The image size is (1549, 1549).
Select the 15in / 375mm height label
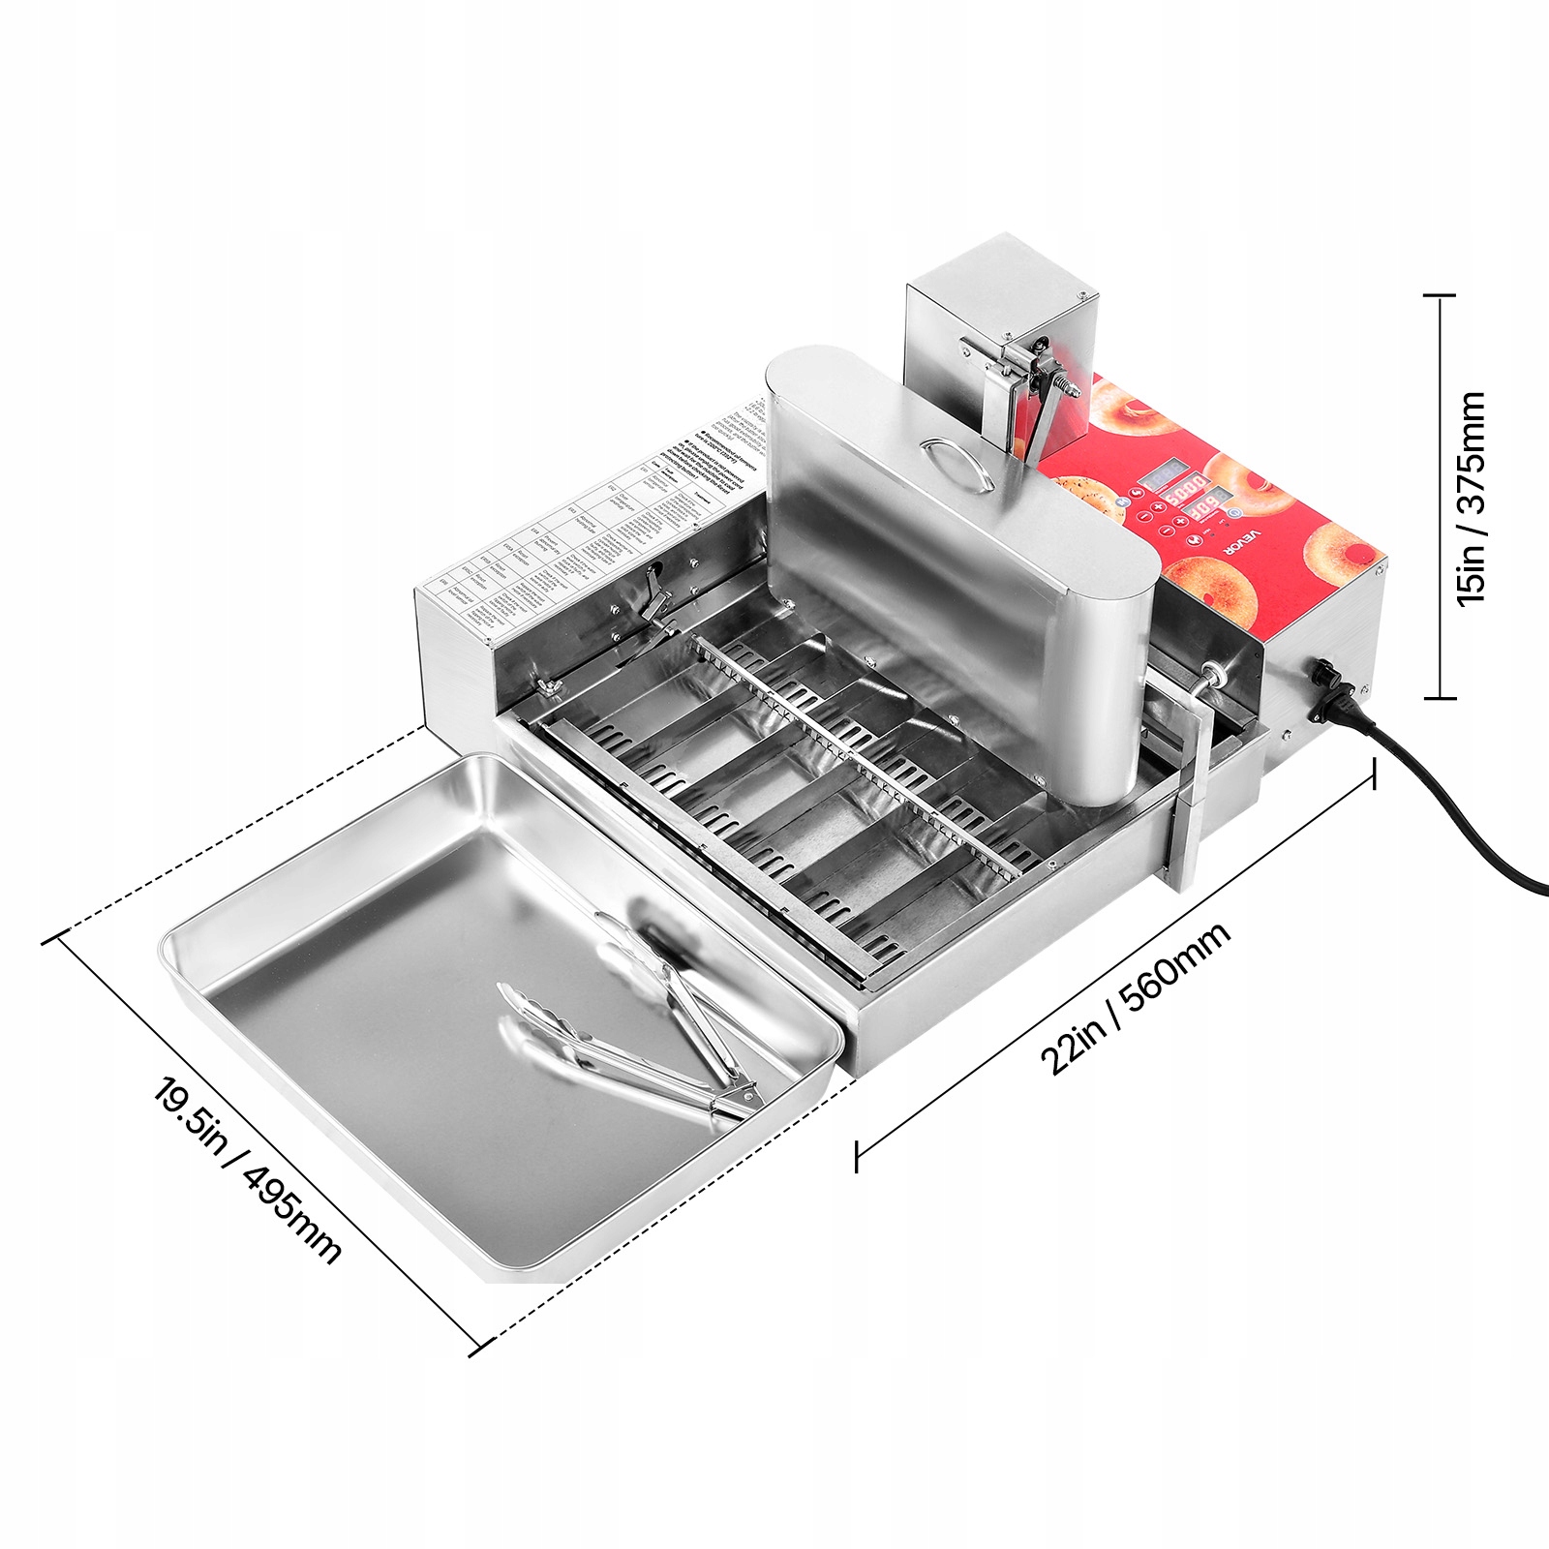click(1472, 498)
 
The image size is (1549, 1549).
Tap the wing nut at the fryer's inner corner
click(548, 686)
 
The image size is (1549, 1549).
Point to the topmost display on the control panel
click(1161, 478)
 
